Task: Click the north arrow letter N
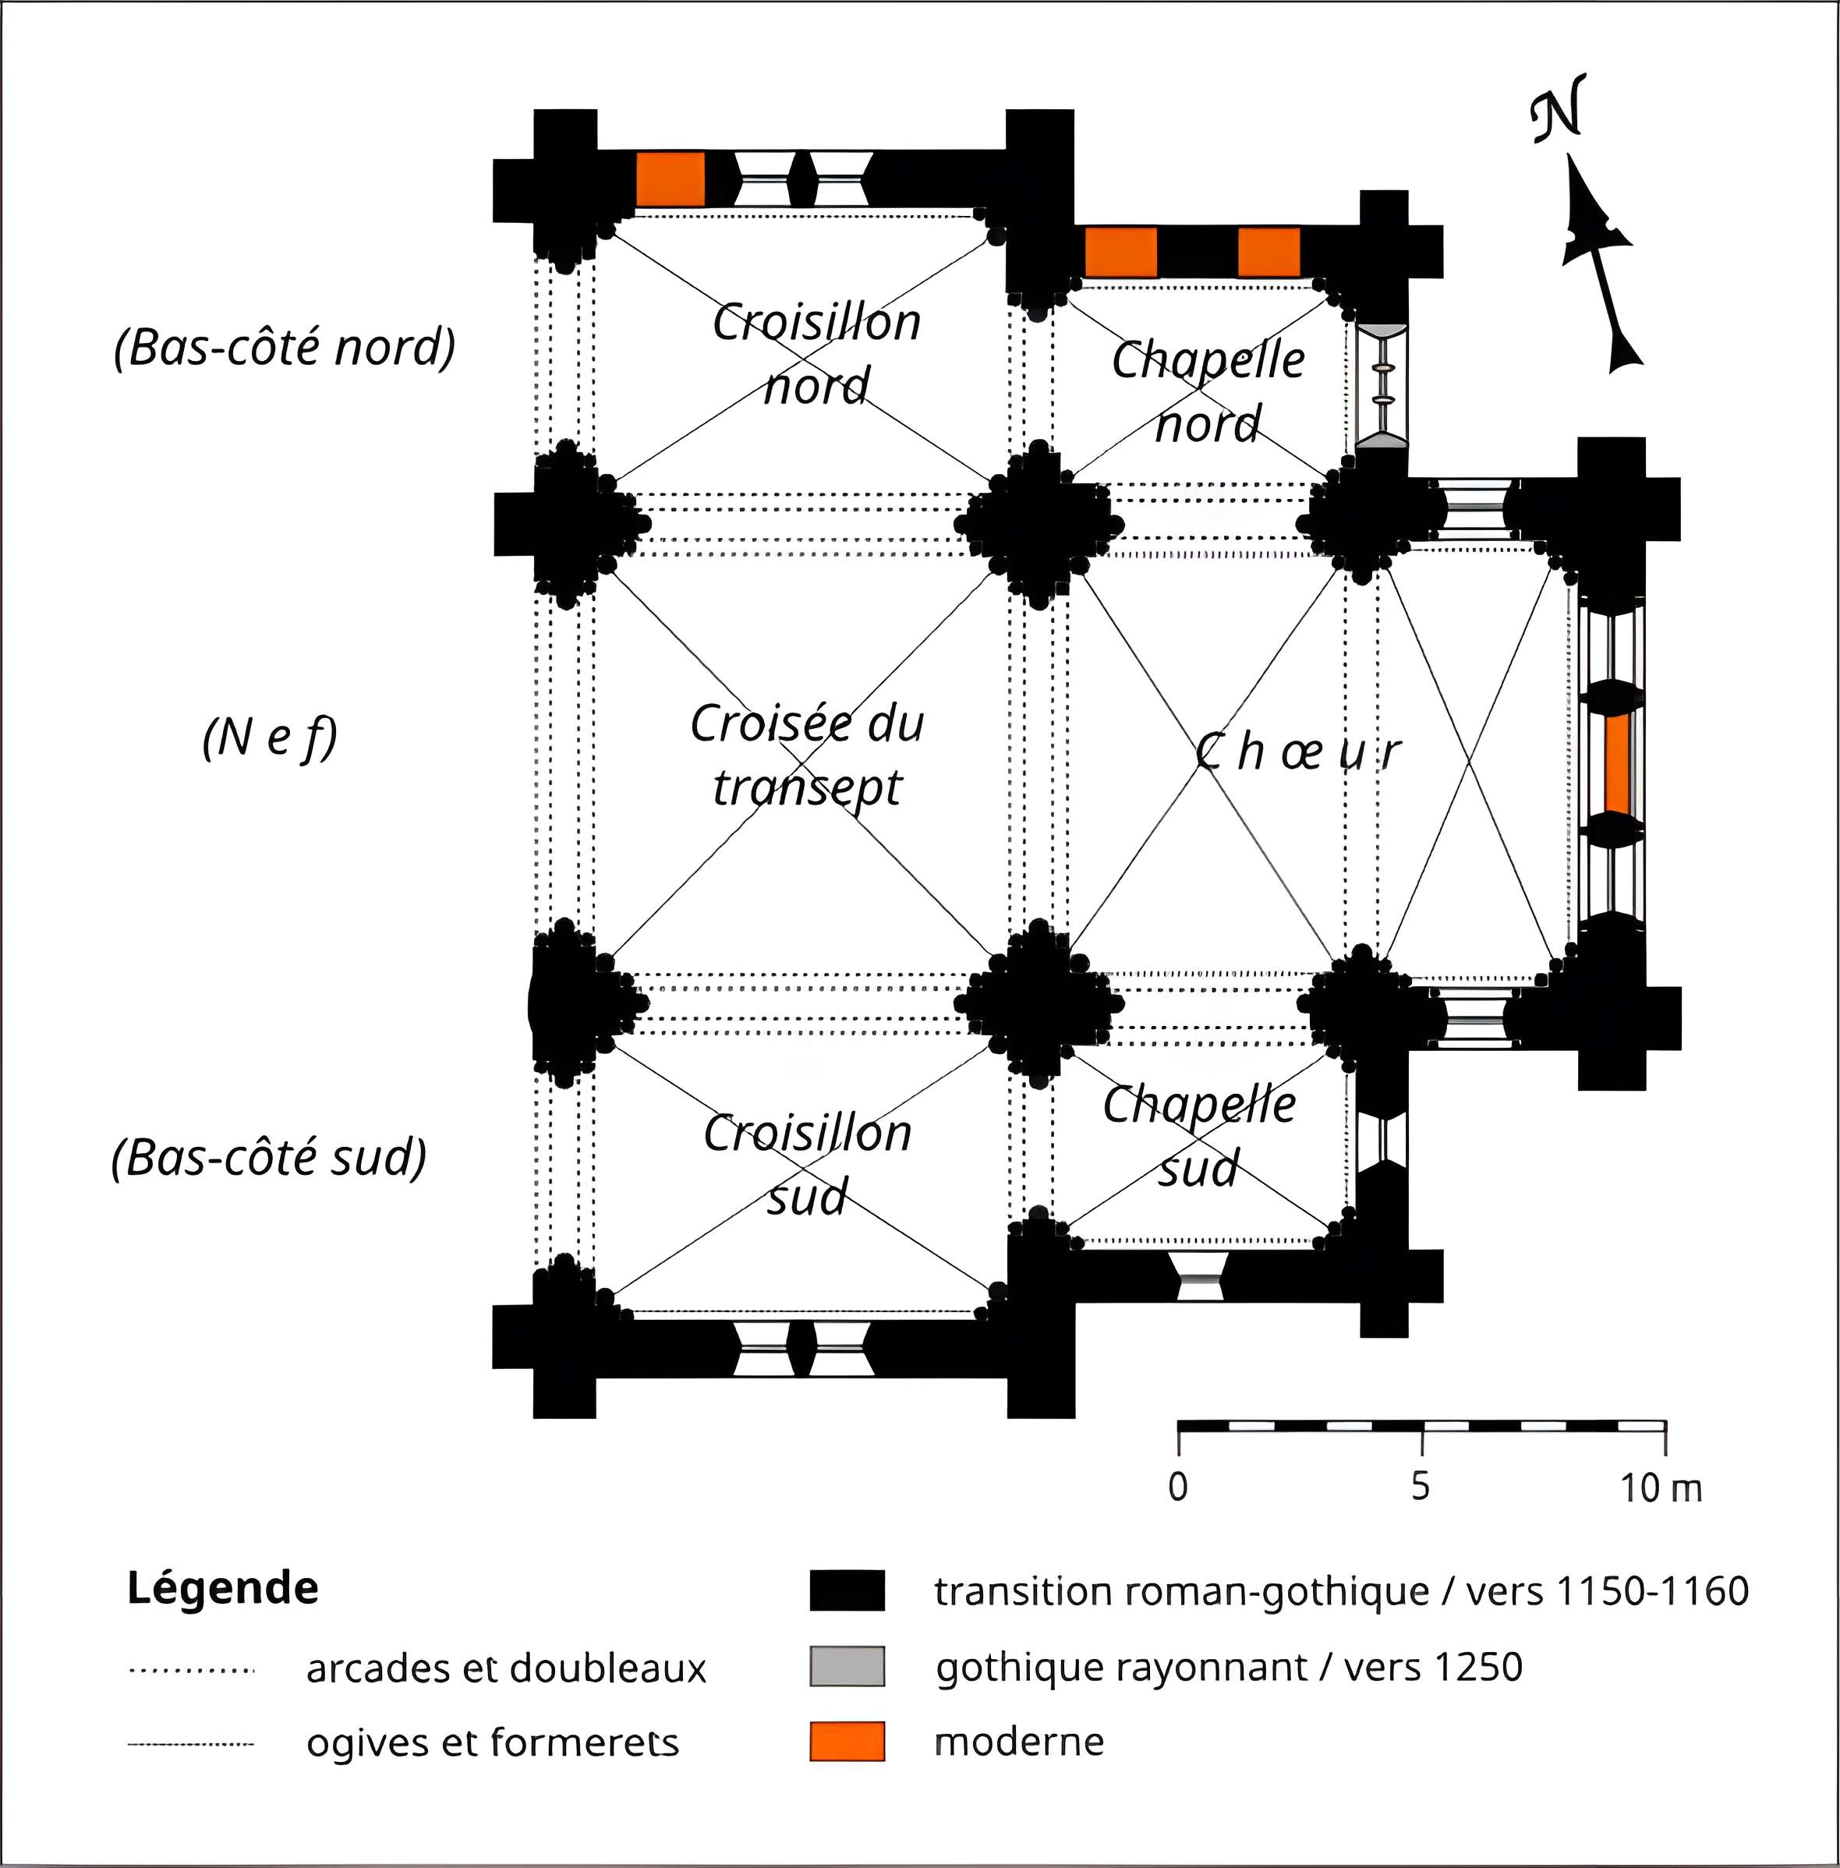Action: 1558,108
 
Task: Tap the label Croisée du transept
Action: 807,755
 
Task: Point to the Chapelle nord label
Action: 1208,391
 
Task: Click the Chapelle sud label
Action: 1199,1137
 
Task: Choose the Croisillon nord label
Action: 816,354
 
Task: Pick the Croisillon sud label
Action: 807,1165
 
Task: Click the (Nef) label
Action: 270,738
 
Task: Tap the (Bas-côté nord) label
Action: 284,347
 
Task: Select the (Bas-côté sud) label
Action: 269,1158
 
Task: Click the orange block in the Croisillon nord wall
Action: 670,179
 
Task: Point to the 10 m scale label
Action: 1660,1488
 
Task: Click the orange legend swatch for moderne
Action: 847,1742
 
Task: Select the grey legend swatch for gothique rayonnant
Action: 847,1666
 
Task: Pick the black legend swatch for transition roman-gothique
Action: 847,1590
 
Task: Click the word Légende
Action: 222,1589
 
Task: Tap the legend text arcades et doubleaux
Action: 505,1669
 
